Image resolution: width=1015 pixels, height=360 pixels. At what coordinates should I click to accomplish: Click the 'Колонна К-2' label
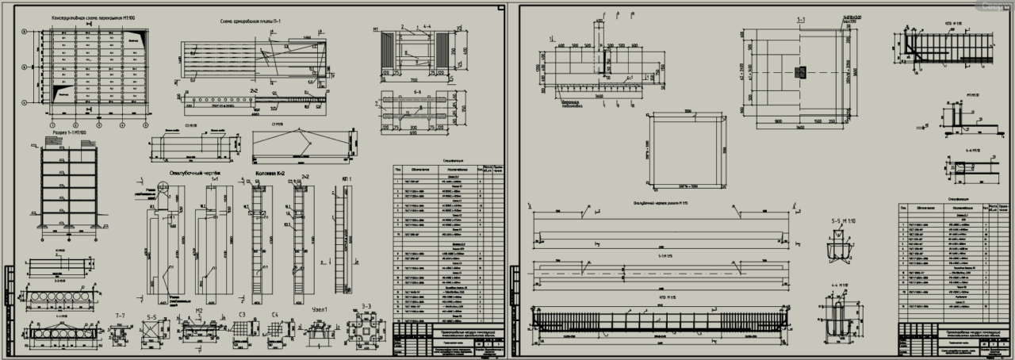click(272, 173)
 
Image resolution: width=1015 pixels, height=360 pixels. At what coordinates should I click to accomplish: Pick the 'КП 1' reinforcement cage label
click(345, 178)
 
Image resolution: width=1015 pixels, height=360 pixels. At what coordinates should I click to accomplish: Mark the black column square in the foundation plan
click(800, 72)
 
